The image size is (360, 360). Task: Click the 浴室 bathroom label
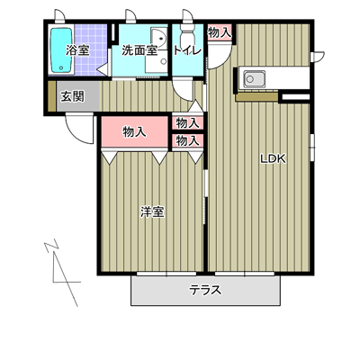click(x=77, y=50)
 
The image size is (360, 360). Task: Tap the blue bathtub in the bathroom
click(x=61, y=50)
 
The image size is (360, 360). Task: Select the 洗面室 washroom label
click(x=139, y=50)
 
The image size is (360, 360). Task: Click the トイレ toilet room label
click(x=187, y=50)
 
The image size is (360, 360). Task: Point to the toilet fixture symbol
click(x=187, y=34)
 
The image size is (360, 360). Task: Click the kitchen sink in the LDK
click(x=255, y=79)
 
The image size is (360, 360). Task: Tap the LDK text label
click(x=273, y=158)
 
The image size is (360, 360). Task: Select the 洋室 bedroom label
click(x=152, y=212)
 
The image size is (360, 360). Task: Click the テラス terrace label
click(x=205, y=290)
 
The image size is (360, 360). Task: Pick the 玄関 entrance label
click(x=73, y=96)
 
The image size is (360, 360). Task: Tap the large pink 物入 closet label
click(x=135, y=131)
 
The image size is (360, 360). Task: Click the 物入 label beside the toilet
click(x=220, y=32)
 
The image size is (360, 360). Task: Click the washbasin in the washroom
click(x=159, y=38)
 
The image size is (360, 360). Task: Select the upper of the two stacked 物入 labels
click(x=188, y=123)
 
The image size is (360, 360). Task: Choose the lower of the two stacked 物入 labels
click(x=188, y=140)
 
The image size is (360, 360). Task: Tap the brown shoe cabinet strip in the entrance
click(x=52, y=96)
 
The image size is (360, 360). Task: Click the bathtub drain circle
click(x=61, y=67)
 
